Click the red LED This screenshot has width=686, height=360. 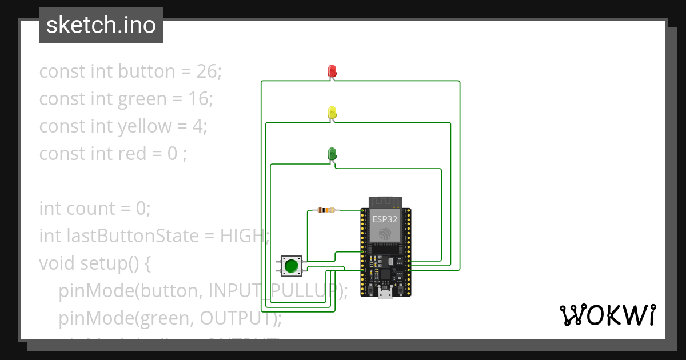click(x=332, y=71)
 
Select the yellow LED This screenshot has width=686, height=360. click(x=332, y=113)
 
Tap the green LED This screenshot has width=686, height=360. click(x=332, y=154)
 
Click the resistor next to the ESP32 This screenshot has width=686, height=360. click(x=326, y=210)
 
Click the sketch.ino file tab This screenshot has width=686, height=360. click(x=101, y=25)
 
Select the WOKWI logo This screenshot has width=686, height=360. click(x=607, y=315)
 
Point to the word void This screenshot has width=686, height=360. click(x=57, y=263)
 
